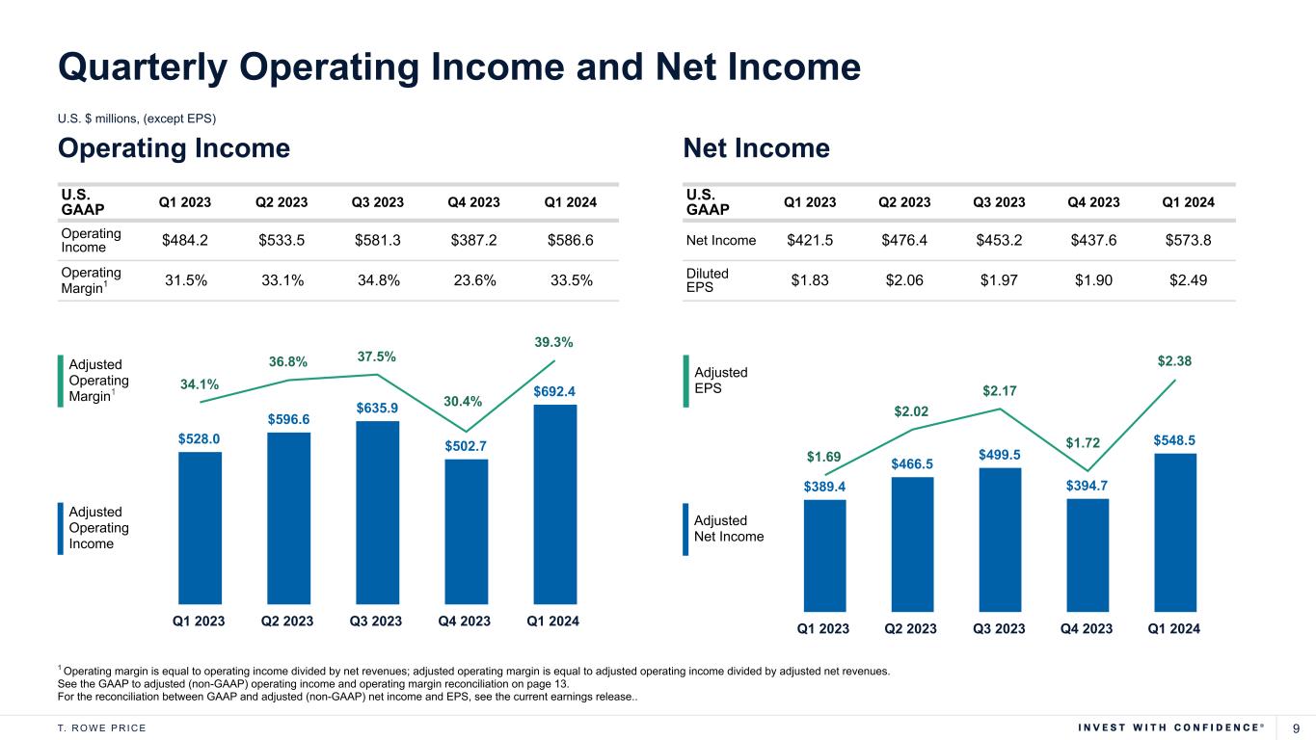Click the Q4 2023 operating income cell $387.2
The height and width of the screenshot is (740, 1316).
coord(473,240)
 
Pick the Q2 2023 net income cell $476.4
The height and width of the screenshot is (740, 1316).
coord(903,240)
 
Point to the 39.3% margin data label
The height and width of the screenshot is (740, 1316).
coord(553,342)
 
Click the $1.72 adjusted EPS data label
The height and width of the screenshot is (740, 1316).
coord(1084,443)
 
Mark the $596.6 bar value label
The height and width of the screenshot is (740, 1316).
coord(289,418)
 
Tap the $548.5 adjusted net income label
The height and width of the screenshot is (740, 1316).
coord(1174,439)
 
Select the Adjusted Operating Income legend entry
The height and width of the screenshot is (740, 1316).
coord(96,528)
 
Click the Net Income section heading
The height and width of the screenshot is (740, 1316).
coord(756,148)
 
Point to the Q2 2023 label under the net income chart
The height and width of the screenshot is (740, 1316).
coord(910,629)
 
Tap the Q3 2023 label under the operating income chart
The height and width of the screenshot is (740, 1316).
coord(375,621)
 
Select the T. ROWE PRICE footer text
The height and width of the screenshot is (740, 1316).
coord(102,727)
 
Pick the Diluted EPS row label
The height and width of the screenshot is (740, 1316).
coord(708,280)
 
